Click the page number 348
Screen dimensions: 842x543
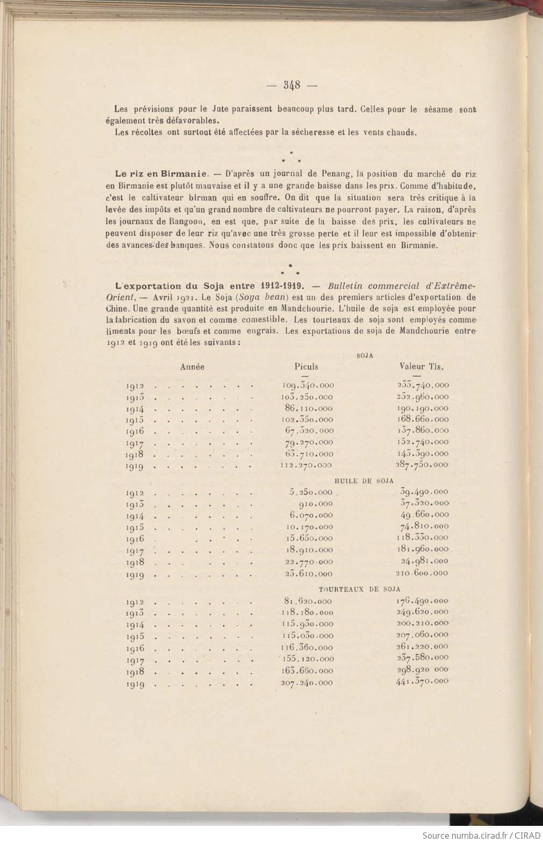[x=292, y=84]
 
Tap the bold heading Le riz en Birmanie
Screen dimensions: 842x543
[x=161, y=174]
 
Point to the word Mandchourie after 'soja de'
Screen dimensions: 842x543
[x=427, y=331]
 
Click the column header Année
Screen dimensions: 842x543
[x=192, y=367]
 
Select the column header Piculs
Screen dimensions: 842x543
[x=306, y=367]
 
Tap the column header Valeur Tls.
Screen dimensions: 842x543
[x=424, y=367]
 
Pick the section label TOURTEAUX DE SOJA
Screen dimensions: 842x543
[x=360, y=589]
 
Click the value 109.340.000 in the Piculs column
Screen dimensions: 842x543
[x=308, y=386]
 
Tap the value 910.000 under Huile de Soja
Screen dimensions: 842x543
[x=315, y=504]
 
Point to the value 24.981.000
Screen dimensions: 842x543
[x=424, y=561]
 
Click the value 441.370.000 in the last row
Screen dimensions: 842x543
[x=421, y=681]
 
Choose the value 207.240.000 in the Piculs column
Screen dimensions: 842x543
[x=306, y=683]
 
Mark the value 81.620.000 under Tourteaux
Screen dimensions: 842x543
[x=308, y=601]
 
